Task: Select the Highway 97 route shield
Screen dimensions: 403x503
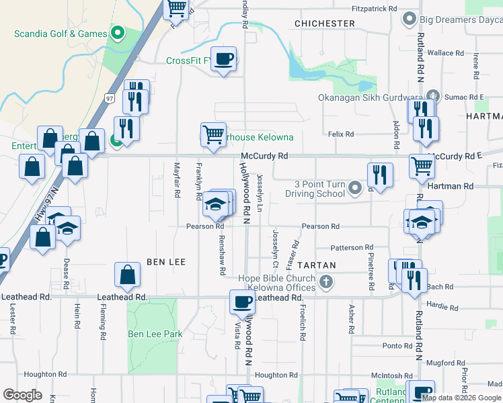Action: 109,98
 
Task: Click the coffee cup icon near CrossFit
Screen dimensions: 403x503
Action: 224,58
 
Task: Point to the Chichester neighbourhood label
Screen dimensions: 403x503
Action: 325,24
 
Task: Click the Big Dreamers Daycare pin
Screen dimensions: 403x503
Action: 408,18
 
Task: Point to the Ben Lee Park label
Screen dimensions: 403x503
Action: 155,333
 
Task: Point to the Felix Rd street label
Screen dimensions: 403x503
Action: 341,134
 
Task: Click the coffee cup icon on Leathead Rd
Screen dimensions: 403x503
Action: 242,302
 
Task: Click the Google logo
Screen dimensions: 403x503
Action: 23,395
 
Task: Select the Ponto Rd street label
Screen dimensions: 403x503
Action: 397,345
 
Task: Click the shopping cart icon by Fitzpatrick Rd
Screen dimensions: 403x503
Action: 176,7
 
